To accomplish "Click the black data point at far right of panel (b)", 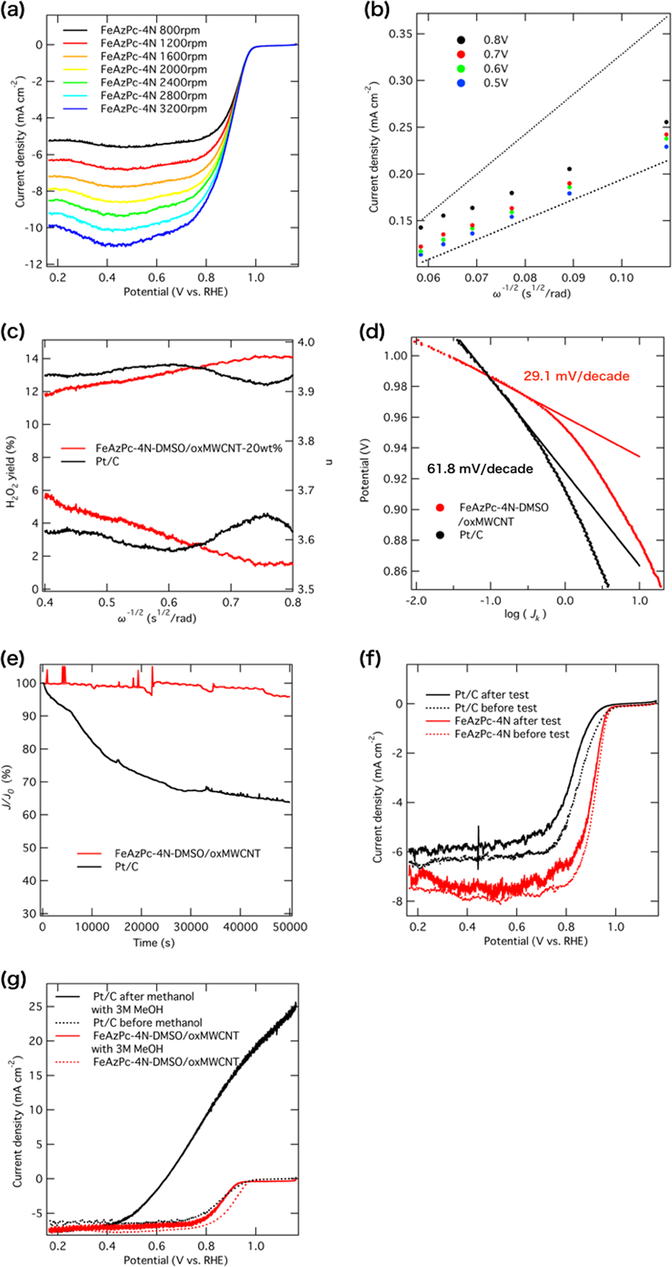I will click(x=666, y=122).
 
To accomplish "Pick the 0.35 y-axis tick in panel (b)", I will click(x=400, y=34).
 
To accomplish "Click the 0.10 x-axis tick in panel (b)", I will click(x=621, y=278).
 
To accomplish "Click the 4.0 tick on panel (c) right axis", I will click(x=306, y=342).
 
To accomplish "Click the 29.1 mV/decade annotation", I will click(x=576, y=376).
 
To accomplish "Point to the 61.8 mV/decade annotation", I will click(x=480, y=468).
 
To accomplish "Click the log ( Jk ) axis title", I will click(x=525, y=614).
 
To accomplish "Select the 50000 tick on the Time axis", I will click(x=290, y=927).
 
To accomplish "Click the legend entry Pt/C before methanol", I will click(x=147, y=1022).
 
